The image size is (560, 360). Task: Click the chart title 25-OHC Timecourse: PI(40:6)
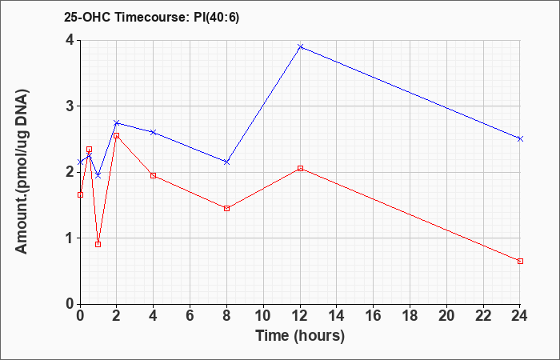click(x=151, y=17)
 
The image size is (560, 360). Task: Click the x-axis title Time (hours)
click(x=300, y=336)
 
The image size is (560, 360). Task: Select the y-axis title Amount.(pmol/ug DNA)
click(x=22, y=172)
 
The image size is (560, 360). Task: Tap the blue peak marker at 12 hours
click(x=300, y=46)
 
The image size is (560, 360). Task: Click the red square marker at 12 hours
click(x=300, y=168)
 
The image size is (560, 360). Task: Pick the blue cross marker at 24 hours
click(x=520, y=138)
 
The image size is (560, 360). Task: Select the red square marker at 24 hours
click(x=520, y=261)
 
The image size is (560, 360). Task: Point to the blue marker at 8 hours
click(x=226, y=162)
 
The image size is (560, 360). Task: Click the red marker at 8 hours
click(x=226, y=208)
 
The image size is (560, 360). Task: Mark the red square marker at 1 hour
click(x=98, y=244)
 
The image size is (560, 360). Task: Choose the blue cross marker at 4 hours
click(x=154, y=132)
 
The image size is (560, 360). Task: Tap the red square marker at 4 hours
click(x=154, y=175)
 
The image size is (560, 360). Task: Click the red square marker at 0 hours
click(x=80, y=194)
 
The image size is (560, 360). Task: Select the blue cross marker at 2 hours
click(x=117, y=123)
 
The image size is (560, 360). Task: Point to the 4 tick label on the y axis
click(x=70, y=40)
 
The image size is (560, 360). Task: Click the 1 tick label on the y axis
click(x=70, y=238)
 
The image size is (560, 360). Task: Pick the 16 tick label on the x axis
click(x=374, y=316)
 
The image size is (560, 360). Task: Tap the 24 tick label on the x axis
click(x=520, y=316)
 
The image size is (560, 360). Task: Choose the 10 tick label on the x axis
click(x=263, y=316)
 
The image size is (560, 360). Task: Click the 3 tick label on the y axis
click(x=70, y=106)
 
